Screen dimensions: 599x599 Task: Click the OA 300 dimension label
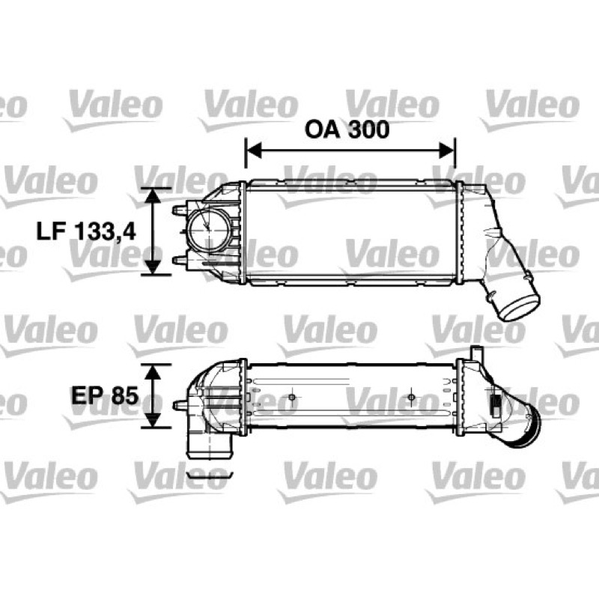(347, 129)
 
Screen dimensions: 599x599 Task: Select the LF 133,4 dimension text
(86, 231)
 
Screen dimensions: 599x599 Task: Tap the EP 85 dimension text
(105, 395)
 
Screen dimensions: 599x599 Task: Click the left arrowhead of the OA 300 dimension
(254, 150)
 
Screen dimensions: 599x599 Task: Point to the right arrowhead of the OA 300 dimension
(446, 150)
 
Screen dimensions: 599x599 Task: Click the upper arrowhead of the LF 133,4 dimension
(153, 195)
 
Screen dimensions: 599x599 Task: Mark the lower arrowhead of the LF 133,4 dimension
(153, 267)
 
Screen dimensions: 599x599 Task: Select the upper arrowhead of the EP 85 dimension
(153, 372)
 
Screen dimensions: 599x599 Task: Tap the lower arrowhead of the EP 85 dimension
(153, 420)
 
